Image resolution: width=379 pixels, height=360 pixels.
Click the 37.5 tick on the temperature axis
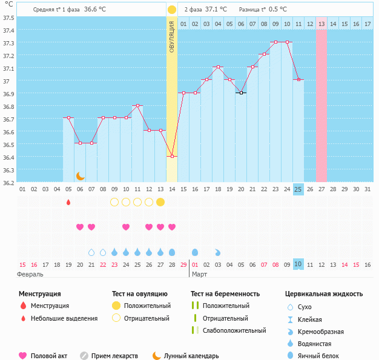click(8, 18)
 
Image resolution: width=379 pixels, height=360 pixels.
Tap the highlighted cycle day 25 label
click(298, 189)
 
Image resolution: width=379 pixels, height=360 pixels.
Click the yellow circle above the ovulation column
click(172, 10)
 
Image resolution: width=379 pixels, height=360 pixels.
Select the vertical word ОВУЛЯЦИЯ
click(172, 36)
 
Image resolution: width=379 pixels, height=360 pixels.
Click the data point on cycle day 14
click(172, 156)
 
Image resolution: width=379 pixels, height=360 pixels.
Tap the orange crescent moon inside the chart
click(80, 175)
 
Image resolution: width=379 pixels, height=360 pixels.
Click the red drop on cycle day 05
click(68, 202)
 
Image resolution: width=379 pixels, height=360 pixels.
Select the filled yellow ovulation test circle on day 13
click(160, 202)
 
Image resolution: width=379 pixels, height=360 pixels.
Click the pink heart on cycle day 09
click(126, 227)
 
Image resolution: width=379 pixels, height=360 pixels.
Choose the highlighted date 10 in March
click(298, 264)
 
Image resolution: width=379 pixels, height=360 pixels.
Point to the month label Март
click(200, 274)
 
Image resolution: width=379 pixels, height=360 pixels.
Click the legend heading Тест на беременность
click(225, 294)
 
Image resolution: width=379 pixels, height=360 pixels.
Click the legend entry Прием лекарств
click(114, 356)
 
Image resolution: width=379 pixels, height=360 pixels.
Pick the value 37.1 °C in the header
click(216, 10)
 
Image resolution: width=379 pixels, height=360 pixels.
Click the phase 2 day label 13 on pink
click(321, 24)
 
